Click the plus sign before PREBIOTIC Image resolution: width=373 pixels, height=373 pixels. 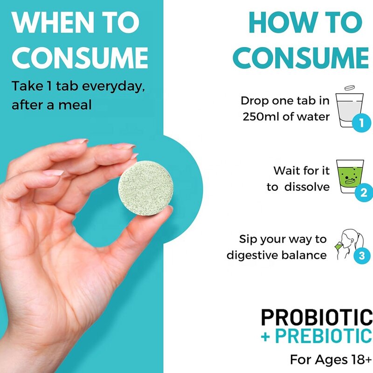pos(265,336)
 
